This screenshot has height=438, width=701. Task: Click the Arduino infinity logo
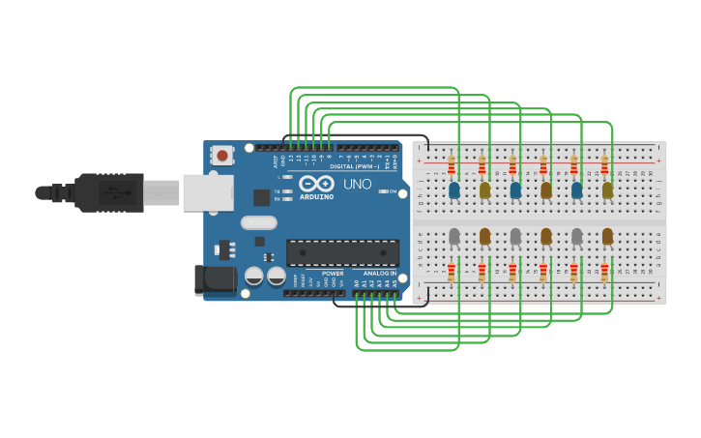click(x=316, y=184)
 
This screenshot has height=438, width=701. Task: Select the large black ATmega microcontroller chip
click(x=342, y=252)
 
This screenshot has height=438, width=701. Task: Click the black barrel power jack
click(x=215, y=279)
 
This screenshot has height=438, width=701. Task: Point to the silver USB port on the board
click(x=208, y=192)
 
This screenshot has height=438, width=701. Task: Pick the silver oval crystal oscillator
click(x=258, y=222)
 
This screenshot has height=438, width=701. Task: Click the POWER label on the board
click(x=332, y=274)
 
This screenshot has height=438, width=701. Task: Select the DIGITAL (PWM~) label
click(x=355, y=166)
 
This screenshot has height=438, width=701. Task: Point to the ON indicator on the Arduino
click(x=392, y=191)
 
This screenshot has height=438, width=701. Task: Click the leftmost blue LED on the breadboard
click(x=453, y=190)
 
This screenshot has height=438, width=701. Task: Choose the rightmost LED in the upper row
click(x=607, y=190)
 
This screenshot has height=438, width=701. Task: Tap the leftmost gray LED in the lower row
click(x=453, y=236)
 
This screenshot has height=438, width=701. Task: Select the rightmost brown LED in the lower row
click(x=607, y=236)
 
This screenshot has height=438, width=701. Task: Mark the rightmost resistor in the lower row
click(x=605, y=271)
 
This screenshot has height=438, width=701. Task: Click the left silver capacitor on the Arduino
click(x=253, y=277)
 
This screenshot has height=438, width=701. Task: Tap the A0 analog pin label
click(x=357, y=284)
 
